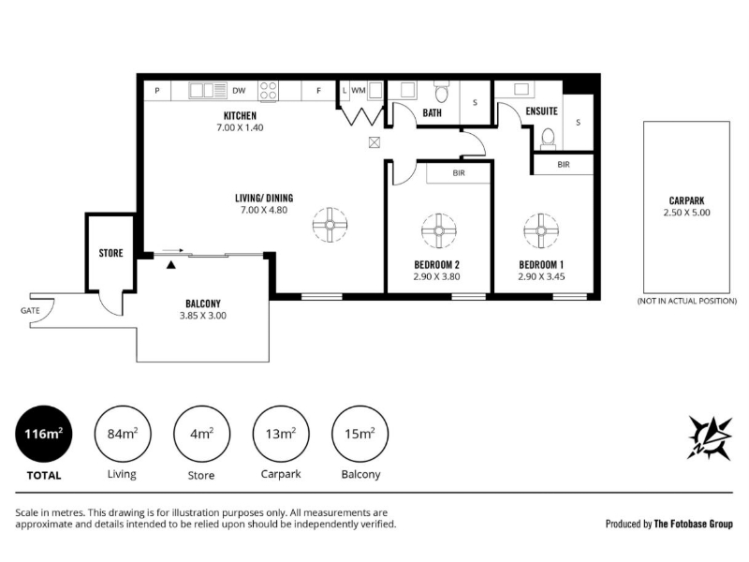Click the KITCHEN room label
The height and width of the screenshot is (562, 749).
tap(240, 115)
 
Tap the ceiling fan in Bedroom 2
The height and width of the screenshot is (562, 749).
tap(439, 230)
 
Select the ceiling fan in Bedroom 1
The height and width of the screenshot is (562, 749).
tap(541, 230)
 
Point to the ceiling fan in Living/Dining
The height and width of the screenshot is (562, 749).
tap(330, 225)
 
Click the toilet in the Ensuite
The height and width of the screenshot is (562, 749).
tap(548, 138)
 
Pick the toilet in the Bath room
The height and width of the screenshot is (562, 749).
tap(441, 92)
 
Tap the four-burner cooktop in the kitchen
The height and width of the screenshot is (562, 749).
tap(268, 91)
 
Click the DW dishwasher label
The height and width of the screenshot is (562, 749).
tap(239, 91)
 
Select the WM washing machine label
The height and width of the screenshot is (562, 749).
tap(359, 90)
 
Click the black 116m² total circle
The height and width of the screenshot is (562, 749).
tap(43, 434)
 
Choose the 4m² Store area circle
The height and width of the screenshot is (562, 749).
tap(201, 434)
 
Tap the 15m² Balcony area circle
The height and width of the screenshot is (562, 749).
tap(360, 434)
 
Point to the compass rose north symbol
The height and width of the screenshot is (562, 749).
tap(710, 437)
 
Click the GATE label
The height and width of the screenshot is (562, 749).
tap(30, 311)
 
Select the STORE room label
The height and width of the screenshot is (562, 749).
tap(110, 253)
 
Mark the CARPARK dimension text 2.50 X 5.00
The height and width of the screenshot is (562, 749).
tap(686, 213)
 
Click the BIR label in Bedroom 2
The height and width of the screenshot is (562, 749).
tap(459, 173)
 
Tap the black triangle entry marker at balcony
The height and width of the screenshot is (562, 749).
tap(171, 265)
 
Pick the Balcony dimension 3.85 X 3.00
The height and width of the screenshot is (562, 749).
tap(203, 316)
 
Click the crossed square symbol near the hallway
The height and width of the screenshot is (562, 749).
tap(374, 142)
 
